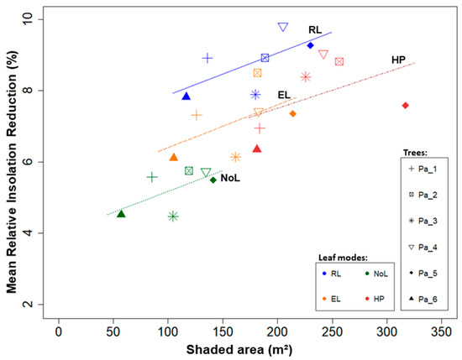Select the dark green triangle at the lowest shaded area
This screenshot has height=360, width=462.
tap(121, 214)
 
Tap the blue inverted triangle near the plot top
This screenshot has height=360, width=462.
tap(283, 28)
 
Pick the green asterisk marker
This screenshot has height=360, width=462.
tap(173, 217)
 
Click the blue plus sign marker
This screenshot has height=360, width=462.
tap(207, 58)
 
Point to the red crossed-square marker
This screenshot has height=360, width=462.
tap(339, 61)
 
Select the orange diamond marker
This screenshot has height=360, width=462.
tap(292, 113)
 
